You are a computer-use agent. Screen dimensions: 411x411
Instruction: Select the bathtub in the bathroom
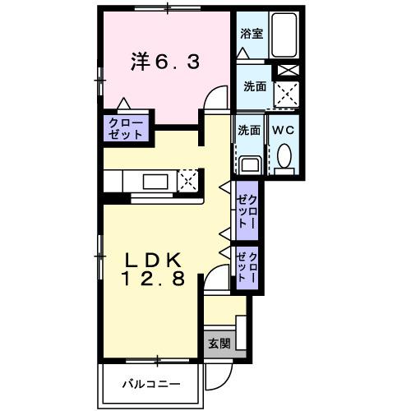coord(284,36)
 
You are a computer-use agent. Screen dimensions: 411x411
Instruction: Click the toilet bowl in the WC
coord(284,155)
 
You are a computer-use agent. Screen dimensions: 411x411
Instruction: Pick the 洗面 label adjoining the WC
coord(249,130)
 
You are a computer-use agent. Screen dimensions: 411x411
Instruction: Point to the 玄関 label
coord(219,343)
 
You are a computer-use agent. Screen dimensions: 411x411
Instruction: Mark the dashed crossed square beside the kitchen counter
coord(188,180)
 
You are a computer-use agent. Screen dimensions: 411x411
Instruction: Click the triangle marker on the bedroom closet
coord(123,104)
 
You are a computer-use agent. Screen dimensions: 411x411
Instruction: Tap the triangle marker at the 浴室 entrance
coord(242,52)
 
